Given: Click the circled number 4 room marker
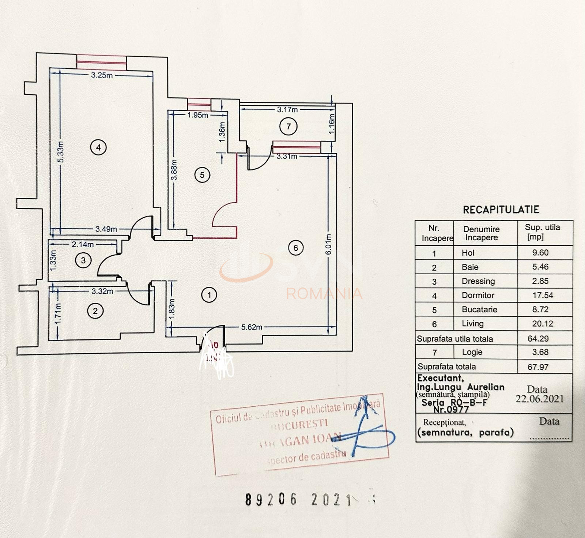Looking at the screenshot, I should [98, 148].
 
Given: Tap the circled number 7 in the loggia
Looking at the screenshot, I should [288, 127].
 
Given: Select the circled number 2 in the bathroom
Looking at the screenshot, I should [95, 311].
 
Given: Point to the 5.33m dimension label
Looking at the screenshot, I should [61, 152].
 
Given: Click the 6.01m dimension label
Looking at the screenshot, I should [328, 244].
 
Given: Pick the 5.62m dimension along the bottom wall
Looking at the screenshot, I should [252, 327].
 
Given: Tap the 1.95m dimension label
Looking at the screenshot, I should [198, 115].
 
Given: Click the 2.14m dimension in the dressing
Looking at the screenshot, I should [82, 244].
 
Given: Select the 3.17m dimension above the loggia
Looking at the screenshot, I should [287, 109].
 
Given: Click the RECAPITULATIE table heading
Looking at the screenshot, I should [501, 210].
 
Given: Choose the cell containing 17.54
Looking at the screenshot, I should [543, 295].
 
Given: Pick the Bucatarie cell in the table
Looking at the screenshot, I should [479, 309].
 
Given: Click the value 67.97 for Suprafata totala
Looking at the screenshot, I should [538, 367].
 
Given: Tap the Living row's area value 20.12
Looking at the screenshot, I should [543, 324].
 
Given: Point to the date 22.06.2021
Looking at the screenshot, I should [540, 399].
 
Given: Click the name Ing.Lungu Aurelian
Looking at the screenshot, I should [461, 387].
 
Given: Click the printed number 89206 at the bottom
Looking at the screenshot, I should [271, 500].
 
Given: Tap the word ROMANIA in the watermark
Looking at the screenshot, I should [324, 294].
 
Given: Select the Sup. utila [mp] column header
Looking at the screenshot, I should [543, 232].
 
